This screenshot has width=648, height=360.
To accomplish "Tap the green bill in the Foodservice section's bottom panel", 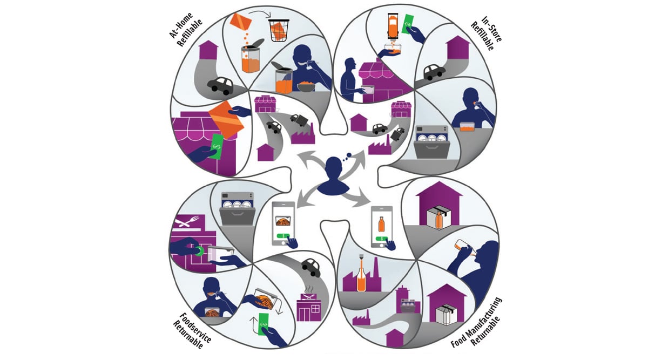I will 263,323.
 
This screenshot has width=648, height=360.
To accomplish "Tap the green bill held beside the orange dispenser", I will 411,23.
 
